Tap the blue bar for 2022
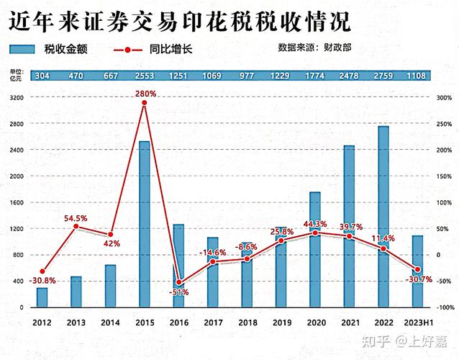pos(384,217)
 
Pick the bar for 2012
pos(42,298)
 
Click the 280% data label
pos(145,93)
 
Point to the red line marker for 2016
pos(179,282)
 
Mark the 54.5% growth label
pos(76,218)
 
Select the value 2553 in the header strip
pos(145,76)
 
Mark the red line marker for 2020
pos(315,233)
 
